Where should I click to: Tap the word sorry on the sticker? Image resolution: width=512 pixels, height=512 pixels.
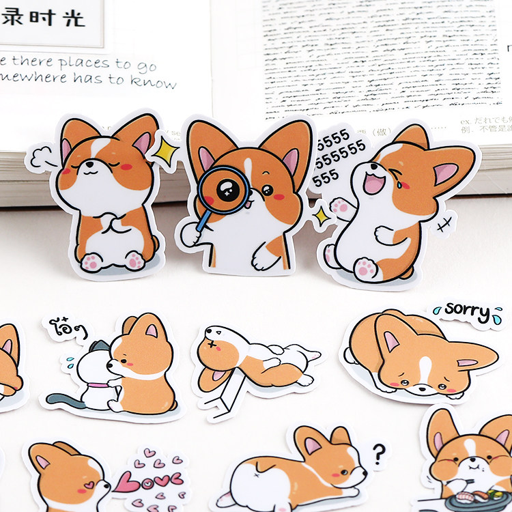(x=468, y=311)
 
